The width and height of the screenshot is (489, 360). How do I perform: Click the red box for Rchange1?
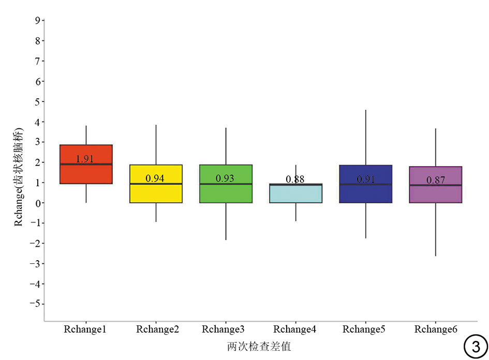[x=86, y=174]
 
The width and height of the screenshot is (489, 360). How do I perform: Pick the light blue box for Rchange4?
[x=295, y=194]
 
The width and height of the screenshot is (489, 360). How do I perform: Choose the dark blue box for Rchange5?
[x=365, y=193]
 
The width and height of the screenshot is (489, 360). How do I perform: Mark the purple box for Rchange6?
[x=435, y=193]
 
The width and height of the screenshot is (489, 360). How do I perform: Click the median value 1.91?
[x=84, y=159]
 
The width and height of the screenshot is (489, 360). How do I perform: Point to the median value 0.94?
[x=155, y=178]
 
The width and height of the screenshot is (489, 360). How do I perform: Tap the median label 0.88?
[x=295, y=179]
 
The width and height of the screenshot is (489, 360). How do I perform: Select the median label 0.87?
[x=436, y=180]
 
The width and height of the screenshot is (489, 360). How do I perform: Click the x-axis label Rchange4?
[x=295, y=329]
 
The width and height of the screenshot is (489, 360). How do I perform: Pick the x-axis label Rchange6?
[x=436, y=329]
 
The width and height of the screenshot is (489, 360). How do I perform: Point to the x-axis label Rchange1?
[x=85, y=329]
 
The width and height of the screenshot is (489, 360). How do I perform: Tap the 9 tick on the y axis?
[x=37, y=21]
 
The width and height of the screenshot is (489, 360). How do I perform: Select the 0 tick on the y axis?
[x=37, y=203]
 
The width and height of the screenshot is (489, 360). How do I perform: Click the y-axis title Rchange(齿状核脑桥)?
[x=19, y=175]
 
